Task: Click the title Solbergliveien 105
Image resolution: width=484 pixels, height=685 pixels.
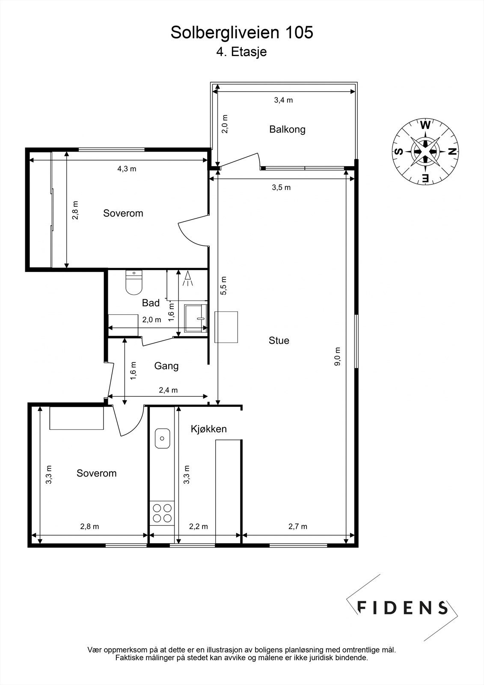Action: click(x=242, y=33)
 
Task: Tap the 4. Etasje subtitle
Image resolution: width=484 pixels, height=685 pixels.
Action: click(x=241, y=52)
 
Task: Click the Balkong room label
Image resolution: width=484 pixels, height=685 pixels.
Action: click(x=287, y=129)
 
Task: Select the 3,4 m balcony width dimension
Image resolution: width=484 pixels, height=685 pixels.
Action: click(x=283, y=100)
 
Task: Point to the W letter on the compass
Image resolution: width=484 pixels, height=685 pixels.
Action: click(x=425, y=125)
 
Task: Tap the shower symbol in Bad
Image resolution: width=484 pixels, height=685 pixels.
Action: click(x=187, y=279)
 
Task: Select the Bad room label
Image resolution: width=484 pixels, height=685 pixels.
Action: click(x=151, y=303)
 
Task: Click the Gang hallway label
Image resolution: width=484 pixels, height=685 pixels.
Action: click(x=166, y=366)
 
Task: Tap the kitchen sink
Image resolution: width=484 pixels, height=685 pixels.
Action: click(x=163, y=438)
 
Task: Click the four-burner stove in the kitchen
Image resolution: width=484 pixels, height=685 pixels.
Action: click(x=162, y=513)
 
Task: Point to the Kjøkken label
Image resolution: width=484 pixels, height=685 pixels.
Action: click(x=209, y=429)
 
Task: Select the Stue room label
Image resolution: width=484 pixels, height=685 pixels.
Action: click(x=279, y=341)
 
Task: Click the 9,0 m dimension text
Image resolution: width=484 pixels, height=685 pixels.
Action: click(x=338, y=356)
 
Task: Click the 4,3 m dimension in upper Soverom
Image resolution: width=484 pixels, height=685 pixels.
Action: click(x=127, y=169)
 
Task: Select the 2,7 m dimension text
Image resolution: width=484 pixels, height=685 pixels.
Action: click(x=298, y=527)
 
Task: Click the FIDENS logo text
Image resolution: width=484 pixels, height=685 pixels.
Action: click(x=402, y=608)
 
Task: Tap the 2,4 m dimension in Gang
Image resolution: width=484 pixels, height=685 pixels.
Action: click(x=168, y=390)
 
